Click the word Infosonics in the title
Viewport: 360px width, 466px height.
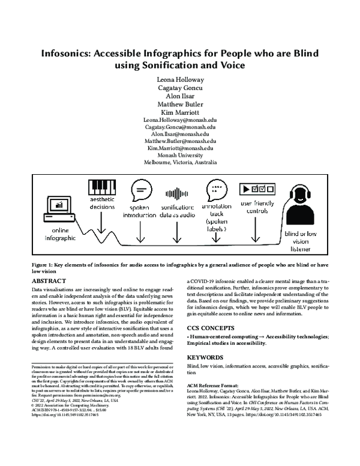[x=67, y=53]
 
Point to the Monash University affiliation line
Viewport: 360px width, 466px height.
[x=179, y=154]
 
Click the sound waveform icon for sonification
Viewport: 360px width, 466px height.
[x=177, y=193]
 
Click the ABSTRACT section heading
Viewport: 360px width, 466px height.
[x=49, y=280]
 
